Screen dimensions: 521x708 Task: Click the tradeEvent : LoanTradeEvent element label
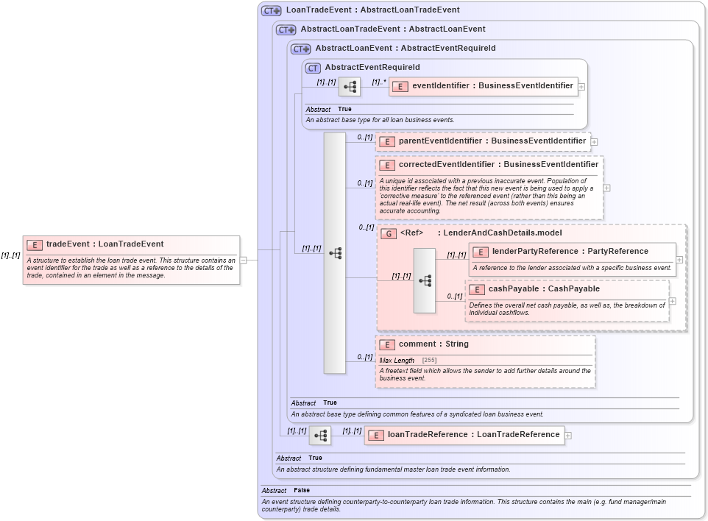pos(105,244)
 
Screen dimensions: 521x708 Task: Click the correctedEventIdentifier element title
pos(498,165)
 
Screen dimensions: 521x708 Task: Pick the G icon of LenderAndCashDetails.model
pos(388,233)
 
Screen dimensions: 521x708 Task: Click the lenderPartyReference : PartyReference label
pos(559,252)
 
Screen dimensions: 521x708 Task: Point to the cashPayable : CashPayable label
pos(544,289)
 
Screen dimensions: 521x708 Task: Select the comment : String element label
pos(433,344)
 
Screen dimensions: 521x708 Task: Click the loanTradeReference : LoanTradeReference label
pos(473,435)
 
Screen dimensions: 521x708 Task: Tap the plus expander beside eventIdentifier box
pos(581,87)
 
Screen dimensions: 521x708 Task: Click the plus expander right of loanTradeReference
pos(568,436)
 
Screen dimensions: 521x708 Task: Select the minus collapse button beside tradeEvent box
pos(243,260)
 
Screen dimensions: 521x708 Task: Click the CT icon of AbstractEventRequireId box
pos(313,68)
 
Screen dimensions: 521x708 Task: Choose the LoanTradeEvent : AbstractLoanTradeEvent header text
pos(372,10)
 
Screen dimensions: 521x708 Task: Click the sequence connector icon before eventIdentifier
pos(350,87)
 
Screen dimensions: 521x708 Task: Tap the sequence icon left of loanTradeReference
pos(320,436)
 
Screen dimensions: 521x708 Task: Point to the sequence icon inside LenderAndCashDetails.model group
pos(425,280)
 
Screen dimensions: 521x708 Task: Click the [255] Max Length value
pos(429,360)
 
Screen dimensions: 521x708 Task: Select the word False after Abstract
pos(302,490)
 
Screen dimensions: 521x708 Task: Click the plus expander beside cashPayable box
pos(673,301)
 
